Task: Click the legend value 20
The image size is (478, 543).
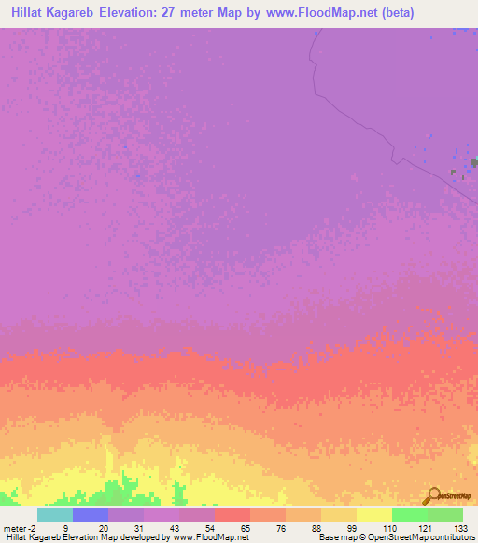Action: coord(103,528)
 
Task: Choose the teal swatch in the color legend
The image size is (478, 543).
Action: coord(55,514)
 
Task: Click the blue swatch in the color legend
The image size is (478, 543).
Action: coord(91,514)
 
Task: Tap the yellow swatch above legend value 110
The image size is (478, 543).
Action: coord(374,514)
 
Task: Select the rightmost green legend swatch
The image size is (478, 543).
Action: coord(445,514)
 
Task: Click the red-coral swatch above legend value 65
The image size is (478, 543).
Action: coord(232,514)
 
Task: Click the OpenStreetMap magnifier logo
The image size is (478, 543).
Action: coord(433,495)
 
